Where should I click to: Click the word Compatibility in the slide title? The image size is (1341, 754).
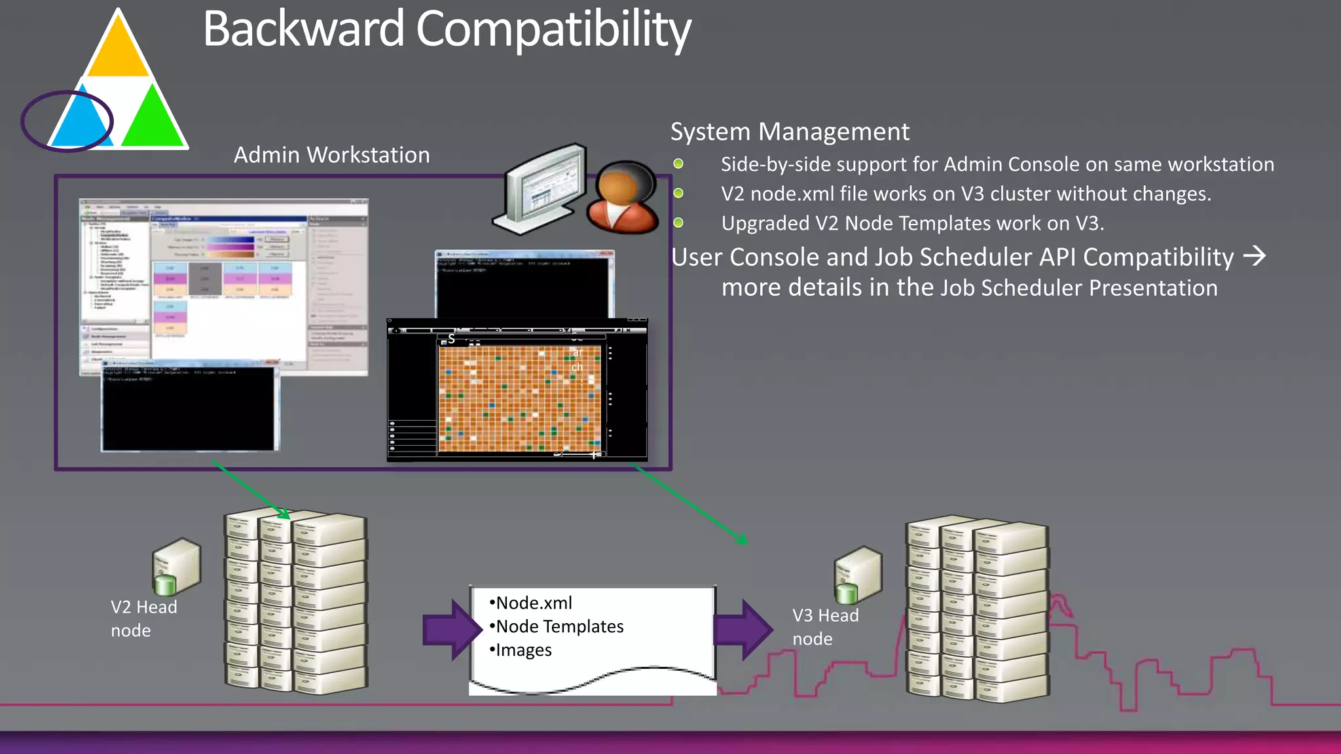coord(553,29)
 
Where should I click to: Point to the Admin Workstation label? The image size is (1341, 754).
coord(331,155)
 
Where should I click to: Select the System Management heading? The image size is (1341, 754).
coord(789,132)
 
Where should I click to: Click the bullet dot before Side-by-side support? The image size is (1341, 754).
coord(678,164)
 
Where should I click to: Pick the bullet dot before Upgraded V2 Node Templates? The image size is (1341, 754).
coord(678,223)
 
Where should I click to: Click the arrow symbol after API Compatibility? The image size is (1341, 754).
coord(1254,256)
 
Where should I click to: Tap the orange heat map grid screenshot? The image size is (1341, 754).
coord(519,399)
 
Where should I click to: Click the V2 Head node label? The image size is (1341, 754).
coord(143,619)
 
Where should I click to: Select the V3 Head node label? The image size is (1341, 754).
coord(824,627)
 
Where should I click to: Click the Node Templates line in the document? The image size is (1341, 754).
coord(559,626)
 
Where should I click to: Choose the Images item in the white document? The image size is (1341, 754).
coord(523,650)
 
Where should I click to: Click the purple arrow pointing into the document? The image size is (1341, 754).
coord(451,629)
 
